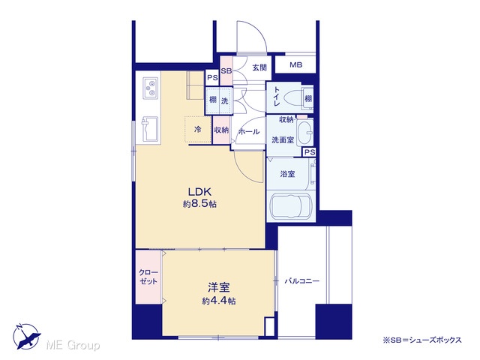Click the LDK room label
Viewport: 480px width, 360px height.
[199, 192]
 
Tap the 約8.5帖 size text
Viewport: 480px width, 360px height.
[199, 204]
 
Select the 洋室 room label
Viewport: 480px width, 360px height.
[218, 288]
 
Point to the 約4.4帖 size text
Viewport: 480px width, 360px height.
[218, 301]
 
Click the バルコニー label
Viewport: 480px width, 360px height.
[301, 281]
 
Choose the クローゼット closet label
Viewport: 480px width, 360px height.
[148, 277]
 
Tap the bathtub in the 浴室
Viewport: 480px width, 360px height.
[290, 205]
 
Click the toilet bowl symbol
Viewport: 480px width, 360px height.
[292, 98]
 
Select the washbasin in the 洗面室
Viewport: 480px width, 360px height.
[304, 133]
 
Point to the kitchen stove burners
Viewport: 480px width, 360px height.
[150, 87]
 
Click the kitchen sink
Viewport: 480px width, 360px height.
[150, 130]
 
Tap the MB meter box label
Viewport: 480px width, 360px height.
[295, 65]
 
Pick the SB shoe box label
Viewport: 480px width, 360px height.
[226, 71]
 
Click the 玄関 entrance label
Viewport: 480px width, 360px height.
[259, 67]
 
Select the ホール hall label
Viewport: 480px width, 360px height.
[248, 132]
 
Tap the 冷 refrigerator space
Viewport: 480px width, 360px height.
[198, 130]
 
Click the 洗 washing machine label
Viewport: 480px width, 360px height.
[225, 100]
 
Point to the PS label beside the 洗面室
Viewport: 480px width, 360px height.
[310, 152]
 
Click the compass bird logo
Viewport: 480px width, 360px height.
[26, 337]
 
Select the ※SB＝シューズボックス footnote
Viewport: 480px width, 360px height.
[422, 340]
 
